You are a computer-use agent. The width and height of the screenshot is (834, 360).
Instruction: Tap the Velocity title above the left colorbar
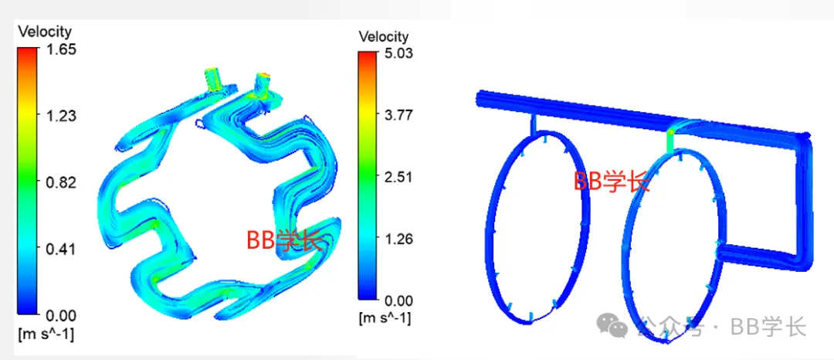tap(45, 32)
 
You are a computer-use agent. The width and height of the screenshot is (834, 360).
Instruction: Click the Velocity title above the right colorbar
tap(384, 36)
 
